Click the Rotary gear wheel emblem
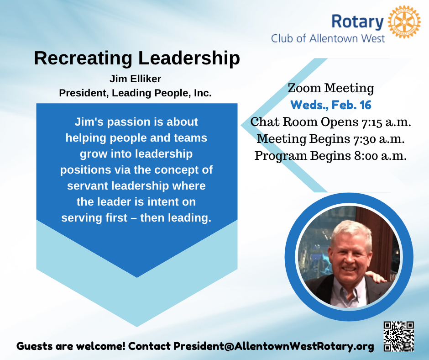coord(404,21)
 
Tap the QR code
coord(398,336)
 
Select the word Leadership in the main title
coord(189,58)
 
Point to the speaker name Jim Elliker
coord(135,79)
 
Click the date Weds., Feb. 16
coord(331,105)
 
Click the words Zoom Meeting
coord(331,88)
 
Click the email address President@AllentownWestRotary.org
coord(273,346)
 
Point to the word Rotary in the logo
coord(358,21)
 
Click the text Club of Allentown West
coord(328,38)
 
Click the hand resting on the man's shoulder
coord(377,276)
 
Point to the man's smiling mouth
coord(349,269)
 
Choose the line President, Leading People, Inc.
coord(135,93)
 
